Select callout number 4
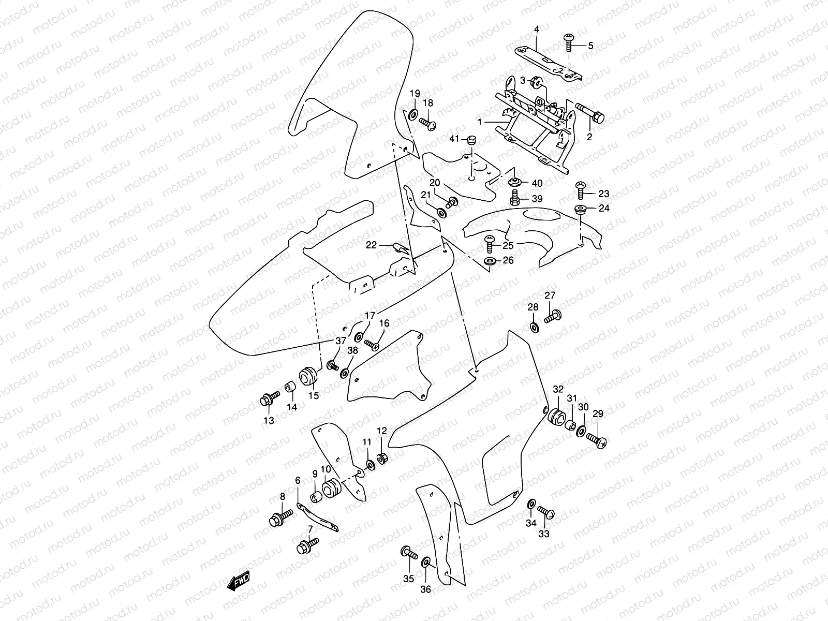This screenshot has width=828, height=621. [x=537, y=30]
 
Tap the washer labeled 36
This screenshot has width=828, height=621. [x=426, y=562]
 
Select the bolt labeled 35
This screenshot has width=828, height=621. [x=408, y=554]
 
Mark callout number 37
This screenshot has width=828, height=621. [x=339, y=340]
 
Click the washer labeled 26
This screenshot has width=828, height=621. [x=490, y=260]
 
